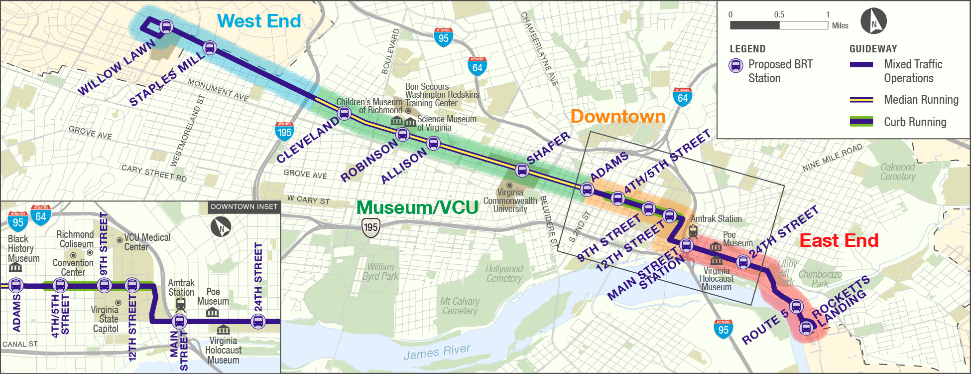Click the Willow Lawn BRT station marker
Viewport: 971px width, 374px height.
point(166,26)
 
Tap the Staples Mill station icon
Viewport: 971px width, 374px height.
point(210,48)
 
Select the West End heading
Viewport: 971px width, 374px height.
point(259,21)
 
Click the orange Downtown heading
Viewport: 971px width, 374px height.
point(617,116)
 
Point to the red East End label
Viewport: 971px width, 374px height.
point(839,240)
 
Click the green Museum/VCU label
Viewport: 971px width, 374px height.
point(417,207)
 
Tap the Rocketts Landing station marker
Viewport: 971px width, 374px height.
point(806,328)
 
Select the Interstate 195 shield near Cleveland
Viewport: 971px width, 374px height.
point(284,131)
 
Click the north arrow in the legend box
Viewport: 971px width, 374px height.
point(874,21)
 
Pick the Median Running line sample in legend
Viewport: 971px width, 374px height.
point(861,100)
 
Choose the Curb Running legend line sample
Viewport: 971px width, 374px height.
point(861,122)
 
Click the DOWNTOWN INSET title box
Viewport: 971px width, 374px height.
point(243,206)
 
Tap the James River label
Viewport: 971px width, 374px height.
point(437,352)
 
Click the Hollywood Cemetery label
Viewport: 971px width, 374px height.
point(504,273)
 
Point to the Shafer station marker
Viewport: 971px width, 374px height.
point(522,170)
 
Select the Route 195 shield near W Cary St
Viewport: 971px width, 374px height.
point(370,227)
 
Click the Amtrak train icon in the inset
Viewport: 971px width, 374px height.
point(181,304)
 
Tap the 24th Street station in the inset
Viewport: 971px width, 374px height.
point(258,322)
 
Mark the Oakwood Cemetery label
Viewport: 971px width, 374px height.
point(897,172)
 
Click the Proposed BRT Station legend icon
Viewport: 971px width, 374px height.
point(736,65)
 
